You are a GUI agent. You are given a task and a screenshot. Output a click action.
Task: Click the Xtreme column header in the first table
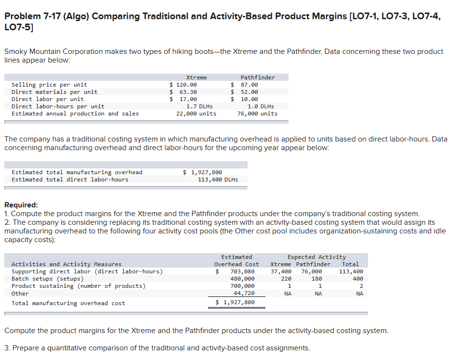pyautogui.click(x=196, y=77)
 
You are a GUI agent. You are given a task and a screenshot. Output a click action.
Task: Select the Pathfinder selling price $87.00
pyautogui.click(x=245, y=85)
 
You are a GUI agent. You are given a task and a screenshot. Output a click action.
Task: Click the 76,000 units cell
pyautogui.click(x=257, y=114)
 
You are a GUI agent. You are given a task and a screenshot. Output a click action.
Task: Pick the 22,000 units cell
pyautogui.click(x=196, y=114)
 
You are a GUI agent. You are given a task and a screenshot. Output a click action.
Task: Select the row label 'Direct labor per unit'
pyautogui.click(x=47, y=99)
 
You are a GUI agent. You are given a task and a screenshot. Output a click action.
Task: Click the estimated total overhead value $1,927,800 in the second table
pyautogui.click(x=203, y=172)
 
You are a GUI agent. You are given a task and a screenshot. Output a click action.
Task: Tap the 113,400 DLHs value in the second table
pyautogui.click(x=218, y=180)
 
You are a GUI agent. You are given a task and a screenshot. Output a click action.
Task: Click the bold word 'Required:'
pyautogui.click(x=21, y=205)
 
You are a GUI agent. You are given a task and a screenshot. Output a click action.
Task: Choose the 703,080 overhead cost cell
pyautogui.click(x=242, y=271)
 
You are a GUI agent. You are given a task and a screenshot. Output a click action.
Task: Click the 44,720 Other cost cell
pyautogui.click(x=244, y=293)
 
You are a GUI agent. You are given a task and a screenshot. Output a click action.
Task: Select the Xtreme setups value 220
pyautogui.click(x=286, y=279)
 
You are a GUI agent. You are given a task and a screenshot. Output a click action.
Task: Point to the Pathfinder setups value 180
pyautogui.click(x=316, y=279)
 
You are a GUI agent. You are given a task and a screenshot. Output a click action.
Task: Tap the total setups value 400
pyautogui.click(x=357, y=279)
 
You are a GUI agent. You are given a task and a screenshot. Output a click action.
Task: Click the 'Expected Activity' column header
pyautogui.click(x=316, y=257)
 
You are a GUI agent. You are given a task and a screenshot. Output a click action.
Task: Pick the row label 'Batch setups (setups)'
pyautogui.click(x=47, y=279)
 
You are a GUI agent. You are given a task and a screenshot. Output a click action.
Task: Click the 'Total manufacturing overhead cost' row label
pyautogui.click(x=68, y=303)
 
